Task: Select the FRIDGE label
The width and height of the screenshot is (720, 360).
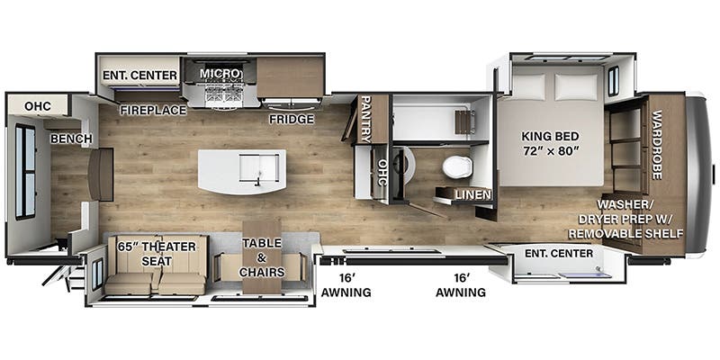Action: (x=291, y=119)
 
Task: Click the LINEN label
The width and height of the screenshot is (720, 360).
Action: (x=472, y=195)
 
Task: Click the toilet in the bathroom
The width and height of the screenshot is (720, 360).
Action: (x=456, y=166)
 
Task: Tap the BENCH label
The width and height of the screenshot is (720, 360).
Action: (x=67, y=139)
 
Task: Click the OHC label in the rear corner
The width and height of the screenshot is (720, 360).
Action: (x=37, y=106)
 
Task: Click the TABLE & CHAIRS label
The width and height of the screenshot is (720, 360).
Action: (x=261, y=257)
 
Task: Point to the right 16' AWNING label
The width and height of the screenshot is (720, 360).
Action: (x=462, y=284)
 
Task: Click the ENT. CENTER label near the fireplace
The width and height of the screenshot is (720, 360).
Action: (x=139, y=75)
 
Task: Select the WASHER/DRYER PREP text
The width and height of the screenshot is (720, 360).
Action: (x=629, y=219)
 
